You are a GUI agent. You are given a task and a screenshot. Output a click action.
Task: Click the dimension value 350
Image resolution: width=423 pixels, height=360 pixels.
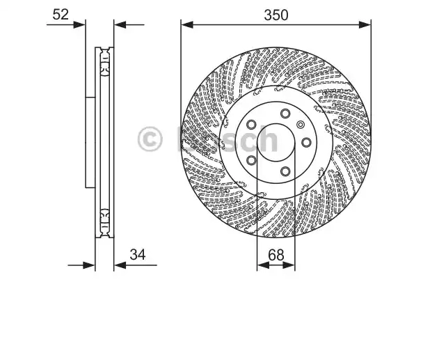[x=276, y=15]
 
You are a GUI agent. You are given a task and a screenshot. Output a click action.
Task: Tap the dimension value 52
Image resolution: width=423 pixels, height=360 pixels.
[x=61, y=15]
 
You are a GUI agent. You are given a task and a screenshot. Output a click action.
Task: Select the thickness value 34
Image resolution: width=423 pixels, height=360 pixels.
[x=138, y=254]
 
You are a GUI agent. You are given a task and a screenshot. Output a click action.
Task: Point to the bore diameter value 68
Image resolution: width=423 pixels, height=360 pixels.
[x=276, y=255]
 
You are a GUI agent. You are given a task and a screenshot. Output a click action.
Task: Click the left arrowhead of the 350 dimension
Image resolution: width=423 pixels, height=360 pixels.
[x=187, y=25]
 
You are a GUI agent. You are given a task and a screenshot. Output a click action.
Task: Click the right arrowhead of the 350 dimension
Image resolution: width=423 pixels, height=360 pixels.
[x=365, y=25]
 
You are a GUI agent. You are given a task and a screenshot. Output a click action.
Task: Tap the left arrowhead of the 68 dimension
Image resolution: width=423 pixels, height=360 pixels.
[x=263, y=265]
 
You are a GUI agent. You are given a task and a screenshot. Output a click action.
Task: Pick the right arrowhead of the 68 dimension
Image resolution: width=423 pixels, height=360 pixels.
[x=289, y=265]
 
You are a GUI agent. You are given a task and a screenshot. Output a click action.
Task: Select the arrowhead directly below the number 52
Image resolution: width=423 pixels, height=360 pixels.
[x=79, y=25]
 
